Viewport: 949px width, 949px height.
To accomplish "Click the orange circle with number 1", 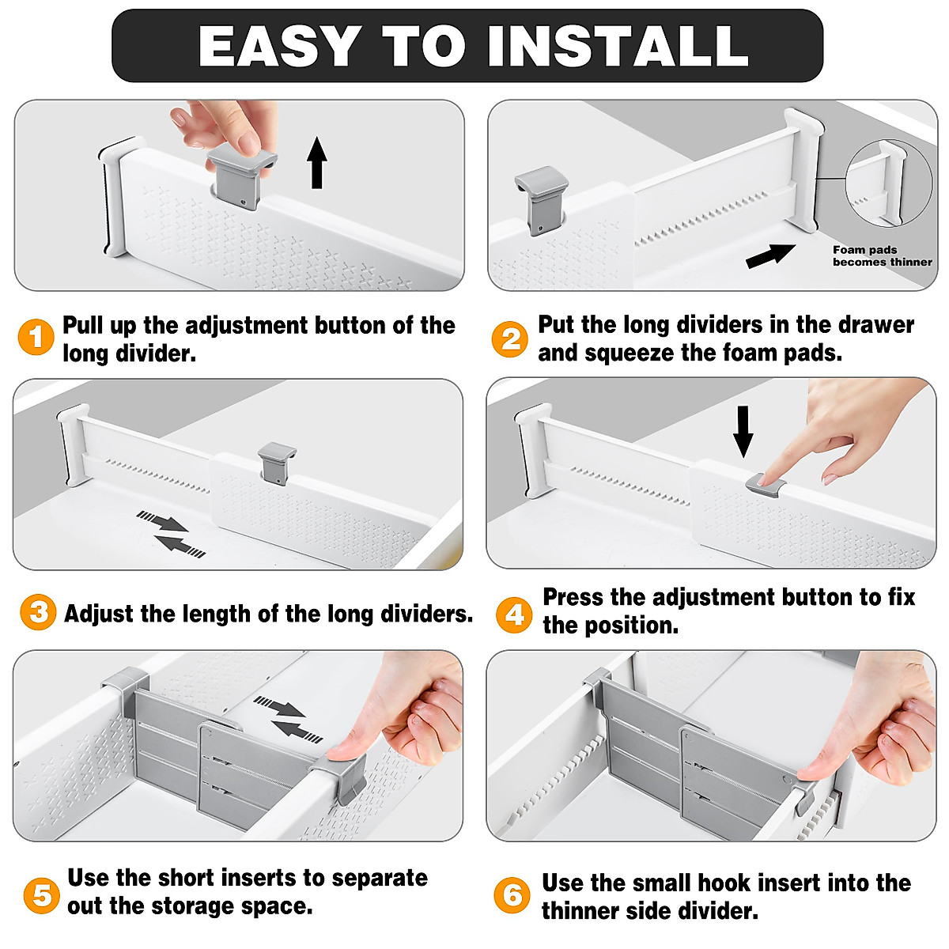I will pyautogui.click(x=36, y=338).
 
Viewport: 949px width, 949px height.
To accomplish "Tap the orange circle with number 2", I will pyautogui.click(x=510, y=339).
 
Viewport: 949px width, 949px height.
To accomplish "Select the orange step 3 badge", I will pyautogui.click(x=38, y=613).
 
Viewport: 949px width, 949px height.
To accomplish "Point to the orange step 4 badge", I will pyautogui.click(x=514, y=614).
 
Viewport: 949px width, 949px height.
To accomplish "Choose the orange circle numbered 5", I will pyautogui.click(x=41, y=895).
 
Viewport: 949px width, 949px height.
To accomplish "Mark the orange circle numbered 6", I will pyautogui.click(x=512, y=895).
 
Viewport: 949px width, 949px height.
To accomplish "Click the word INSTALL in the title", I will pyautogui.click(x=618, y=47).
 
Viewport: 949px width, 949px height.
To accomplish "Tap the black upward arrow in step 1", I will pyautogui.click(x=317, y=163).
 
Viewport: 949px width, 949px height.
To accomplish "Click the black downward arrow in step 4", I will pyautogui.click(x=743, y=431).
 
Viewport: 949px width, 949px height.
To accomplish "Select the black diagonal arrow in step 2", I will pyautogui.click(x=770, y=255).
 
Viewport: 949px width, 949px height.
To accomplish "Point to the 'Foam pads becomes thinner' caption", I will pyautogui.click(x=882, y=255).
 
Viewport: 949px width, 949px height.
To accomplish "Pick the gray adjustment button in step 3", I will pyautogui.click(x=277, y=463).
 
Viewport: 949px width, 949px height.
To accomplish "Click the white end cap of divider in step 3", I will pyautogui.click(x=72, y=445).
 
